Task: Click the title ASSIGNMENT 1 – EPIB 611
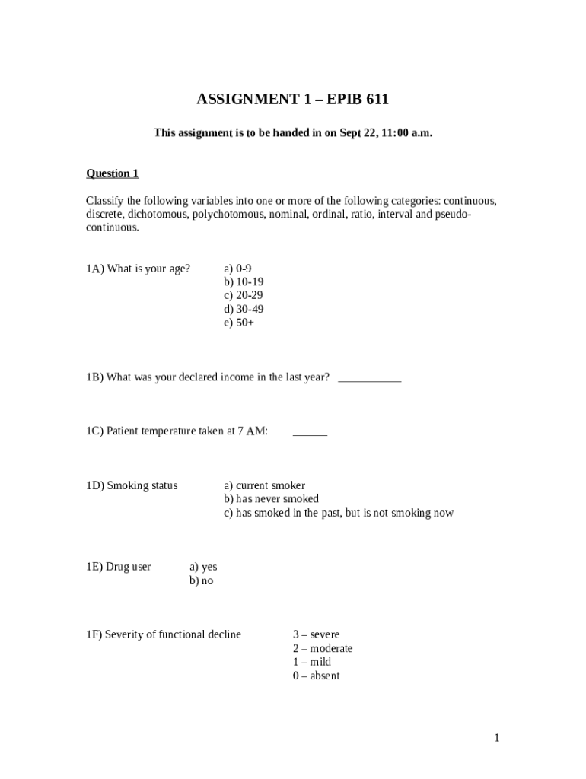[x=293, y=100]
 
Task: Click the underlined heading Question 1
[x=112, y=173]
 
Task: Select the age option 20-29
[x=244, y=295]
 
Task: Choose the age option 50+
[x=239, y=323]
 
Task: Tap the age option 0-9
[x=237, y=269]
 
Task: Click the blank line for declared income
[x=368, y=378]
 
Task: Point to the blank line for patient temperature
[x=310, y=432]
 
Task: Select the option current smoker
[x=264, y=485]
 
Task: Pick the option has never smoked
[x=271, y=499]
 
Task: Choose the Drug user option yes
[x=203, y=567]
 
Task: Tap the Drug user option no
[x=202, y=580]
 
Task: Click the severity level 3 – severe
[x=316, y=634]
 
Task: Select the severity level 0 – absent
[x=316, y=676]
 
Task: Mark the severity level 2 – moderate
[x=323, y=648]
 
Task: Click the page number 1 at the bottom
[x=496, y=737]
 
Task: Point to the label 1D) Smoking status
[x=132, y=485]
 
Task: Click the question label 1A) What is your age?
[x=138, y=269]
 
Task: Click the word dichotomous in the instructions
[x=158, y=215]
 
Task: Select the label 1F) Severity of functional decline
[x=164, y=634]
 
